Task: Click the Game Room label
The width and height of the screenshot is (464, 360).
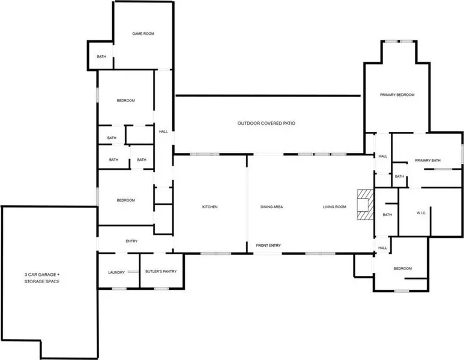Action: coord(143,34)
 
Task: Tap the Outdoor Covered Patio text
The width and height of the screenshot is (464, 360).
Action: coord(267,124)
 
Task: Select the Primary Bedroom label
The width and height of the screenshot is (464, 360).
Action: coord(397,95)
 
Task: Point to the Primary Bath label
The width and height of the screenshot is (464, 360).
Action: coord(427,161)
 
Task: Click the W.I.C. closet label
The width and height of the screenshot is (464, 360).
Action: coord(421,213)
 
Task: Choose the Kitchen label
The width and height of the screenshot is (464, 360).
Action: coord(210,207)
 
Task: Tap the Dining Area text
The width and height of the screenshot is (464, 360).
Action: coord(272,207)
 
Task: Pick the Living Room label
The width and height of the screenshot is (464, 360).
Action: coord(334,207)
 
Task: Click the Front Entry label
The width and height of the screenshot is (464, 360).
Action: coord(268,245)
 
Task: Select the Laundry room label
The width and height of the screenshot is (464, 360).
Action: coord(116,272)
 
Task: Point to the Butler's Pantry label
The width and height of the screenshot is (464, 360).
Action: coord(161,272)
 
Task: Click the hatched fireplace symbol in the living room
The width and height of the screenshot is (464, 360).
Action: coord(366,205)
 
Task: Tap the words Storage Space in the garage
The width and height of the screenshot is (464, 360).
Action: coord(42,281)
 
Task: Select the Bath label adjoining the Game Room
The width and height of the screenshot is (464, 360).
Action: coord(101,57)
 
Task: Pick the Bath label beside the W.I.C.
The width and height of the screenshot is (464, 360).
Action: coord(387,215)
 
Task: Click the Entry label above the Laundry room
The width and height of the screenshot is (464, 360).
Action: coord(131,241)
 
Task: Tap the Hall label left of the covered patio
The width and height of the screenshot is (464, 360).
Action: coord(163,132)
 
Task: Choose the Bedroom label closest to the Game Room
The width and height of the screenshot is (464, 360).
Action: coord(126,101)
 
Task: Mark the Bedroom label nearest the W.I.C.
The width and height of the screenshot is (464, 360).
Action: coord(403,269)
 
